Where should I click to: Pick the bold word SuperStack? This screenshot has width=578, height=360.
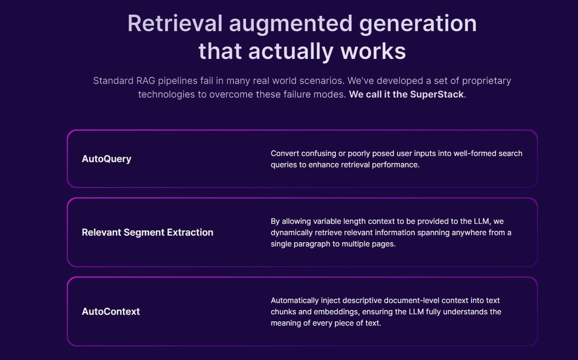(437, 94)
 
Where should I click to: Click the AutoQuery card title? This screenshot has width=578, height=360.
(106, 159)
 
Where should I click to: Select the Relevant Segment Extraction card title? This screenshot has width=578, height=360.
(147, 232)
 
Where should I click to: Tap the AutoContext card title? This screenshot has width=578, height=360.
(111, 311)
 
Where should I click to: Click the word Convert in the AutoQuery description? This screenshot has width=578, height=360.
(285, 153)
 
